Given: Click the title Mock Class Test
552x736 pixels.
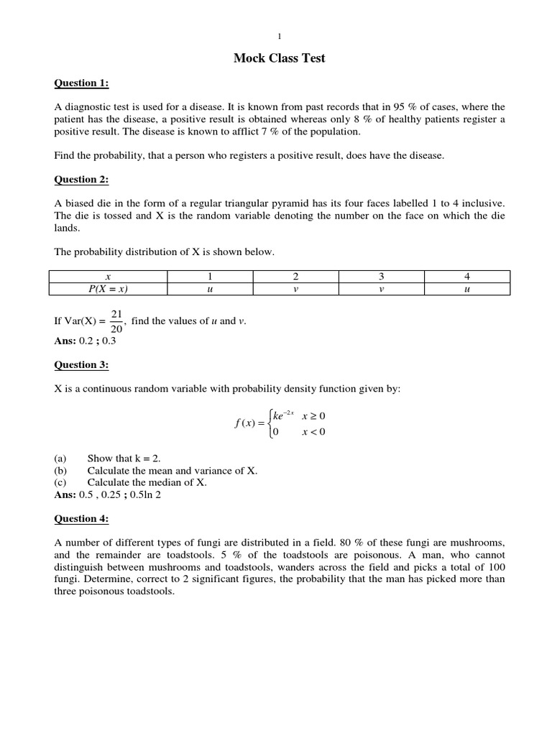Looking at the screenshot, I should point(280,58).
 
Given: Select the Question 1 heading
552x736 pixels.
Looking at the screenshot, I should point(82,83).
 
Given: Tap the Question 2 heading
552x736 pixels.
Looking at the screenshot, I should point(82,180).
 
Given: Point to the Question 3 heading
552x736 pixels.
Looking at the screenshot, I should point(82,365).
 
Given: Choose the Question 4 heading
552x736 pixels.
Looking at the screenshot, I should point(82,519).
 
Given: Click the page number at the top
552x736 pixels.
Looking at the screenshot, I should point(280,36).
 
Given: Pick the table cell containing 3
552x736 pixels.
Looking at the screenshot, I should point(381,277).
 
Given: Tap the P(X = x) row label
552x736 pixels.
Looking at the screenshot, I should point(108,289).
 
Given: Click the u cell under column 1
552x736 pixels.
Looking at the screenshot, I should point(210,289).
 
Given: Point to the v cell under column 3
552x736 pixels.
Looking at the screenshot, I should point(381,289).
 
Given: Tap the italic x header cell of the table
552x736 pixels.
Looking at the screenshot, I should point(108,277).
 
